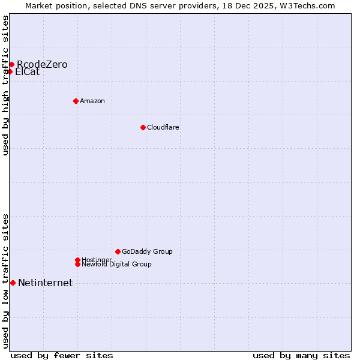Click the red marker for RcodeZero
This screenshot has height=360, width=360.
(x=11, y=64)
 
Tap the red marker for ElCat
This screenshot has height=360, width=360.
(x=10, y=71)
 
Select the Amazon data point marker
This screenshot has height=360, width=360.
(x=76, y=101)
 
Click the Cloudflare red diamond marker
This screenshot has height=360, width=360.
(x=143, y=127)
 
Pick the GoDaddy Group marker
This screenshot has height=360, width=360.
(x=118, y=251)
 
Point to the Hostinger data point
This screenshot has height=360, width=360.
(x=77, y=260)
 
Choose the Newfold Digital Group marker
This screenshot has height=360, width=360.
(x=77, y=264)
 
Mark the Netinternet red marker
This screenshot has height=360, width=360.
(x=13, y=283)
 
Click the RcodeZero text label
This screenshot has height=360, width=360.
(x=42, y=64)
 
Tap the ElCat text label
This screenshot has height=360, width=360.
(x=27, y=72)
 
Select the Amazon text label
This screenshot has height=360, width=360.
(x=92, y=101)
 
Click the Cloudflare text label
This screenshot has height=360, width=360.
(x=163, y=127)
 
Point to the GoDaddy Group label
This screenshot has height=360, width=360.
(x=147, y=251)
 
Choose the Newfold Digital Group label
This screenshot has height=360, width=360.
(x=116, y=264)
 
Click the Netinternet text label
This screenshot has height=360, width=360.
(x=45, y=283)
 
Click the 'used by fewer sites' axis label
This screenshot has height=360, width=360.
(x=62, y=355)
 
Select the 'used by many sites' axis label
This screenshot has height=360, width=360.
(x=301, y=355)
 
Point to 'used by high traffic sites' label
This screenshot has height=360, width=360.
(x=5, y=85)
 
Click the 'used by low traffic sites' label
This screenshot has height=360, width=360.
(x=5, y=281)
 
